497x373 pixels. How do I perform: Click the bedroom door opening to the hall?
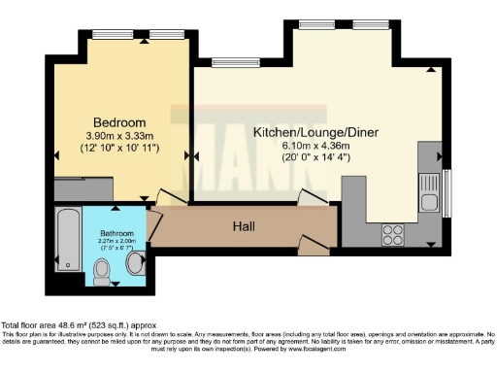(x=168, y=197)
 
